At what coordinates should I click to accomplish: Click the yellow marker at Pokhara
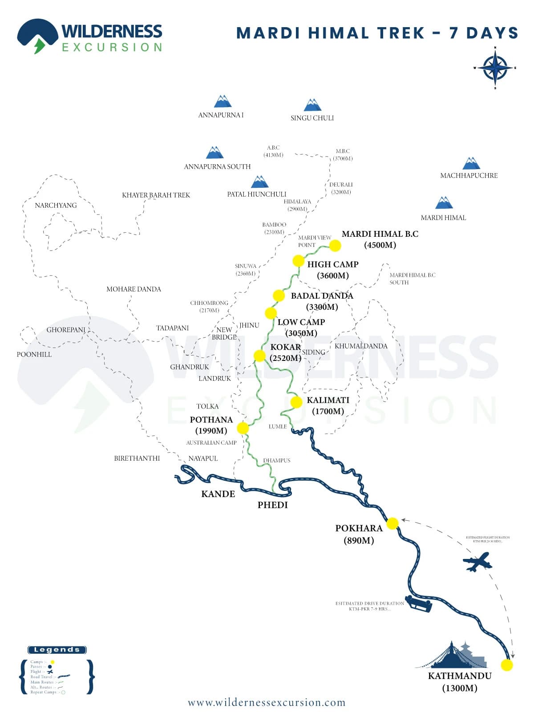point(392,523)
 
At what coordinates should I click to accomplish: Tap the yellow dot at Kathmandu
point(506,665)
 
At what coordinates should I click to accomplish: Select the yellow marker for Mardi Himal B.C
point(335,245)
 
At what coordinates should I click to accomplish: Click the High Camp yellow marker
point(298,261)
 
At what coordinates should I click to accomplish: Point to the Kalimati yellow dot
point(296,402)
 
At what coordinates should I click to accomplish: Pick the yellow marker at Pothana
point(243,428)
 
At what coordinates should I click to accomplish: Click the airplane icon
point(477,562)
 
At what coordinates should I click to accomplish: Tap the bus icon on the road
point(418,604)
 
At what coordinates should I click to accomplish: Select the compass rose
point(495,68)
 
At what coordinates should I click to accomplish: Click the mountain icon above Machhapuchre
point(471,163)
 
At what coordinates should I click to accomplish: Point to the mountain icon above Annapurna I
point(222,101)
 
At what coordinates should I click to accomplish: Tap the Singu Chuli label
point(312,118)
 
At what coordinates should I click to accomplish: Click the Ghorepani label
point(66,330)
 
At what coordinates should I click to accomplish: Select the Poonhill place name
point(34,355)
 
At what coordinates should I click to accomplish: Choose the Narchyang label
point(56,205)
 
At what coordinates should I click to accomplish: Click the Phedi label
point(272,505)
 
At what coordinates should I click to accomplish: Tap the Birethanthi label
point(137,458)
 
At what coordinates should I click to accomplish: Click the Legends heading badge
point(57,650)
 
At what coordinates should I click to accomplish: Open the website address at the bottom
point(267,703)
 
